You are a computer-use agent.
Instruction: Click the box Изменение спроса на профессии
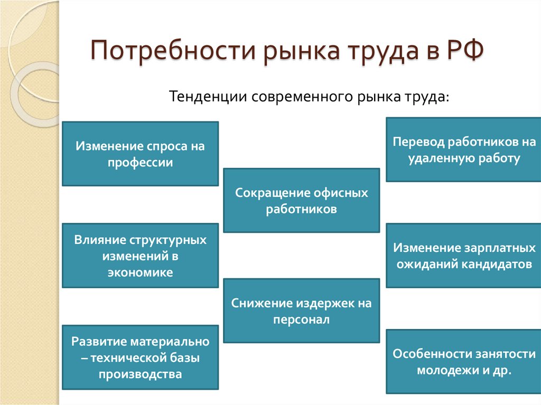point(140,154)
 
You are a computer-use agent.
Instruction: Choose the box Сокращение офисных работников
point(301,200)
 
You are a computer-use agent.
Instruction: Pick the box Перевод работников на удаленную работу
point(463,150)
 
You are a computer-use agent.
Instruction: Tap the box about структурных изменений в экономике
point(140,256)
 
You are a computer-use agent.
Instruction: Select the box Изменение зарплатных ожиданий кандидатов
point(463,256)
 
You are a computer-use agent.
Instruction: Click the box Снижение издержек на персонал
point(301,310)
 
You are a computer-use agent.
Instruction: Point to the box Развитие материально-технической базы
point(140,357)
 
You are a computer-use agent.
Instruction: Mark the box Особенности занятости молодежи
point(463,361)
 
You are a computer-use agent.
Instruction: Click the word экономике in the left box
point(140,272)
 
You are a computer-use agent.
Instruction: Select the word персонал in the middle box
point(301,319)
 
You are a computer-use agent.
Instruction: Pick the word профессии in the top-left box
point(140,162)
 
